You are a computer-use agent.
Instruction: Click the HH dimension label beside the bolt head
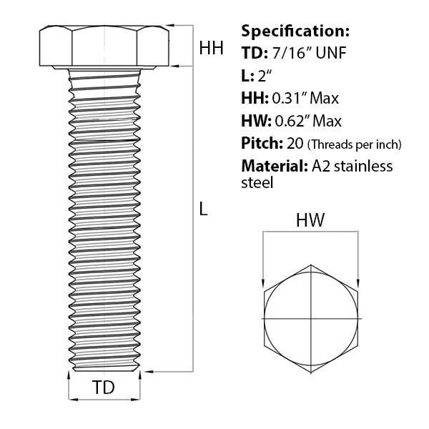(211, 49)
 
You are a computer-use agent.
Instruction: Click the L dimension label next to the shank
(204, 209)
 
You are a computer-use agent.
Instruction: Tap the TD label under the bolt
(104, 388)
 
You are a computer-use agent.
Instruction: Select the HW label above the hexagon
(311, 222)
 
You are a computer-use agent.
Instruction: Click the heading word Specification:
(295, 31)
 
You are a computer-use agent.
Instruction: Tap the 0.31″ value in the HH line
(288, 98)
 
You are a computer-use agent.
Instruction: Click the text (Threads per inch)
(355, 144)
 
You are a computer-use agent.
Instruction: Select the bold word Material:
(274, 167)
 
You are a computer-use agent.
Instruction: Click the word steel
(257, 183)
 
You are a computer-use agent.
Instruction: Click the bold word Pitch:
(262, 144)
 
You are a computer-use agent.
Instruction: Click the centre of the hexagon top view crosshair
(311, 317)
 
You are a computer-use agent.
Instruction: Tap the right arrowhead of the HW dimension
(358, 285)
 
